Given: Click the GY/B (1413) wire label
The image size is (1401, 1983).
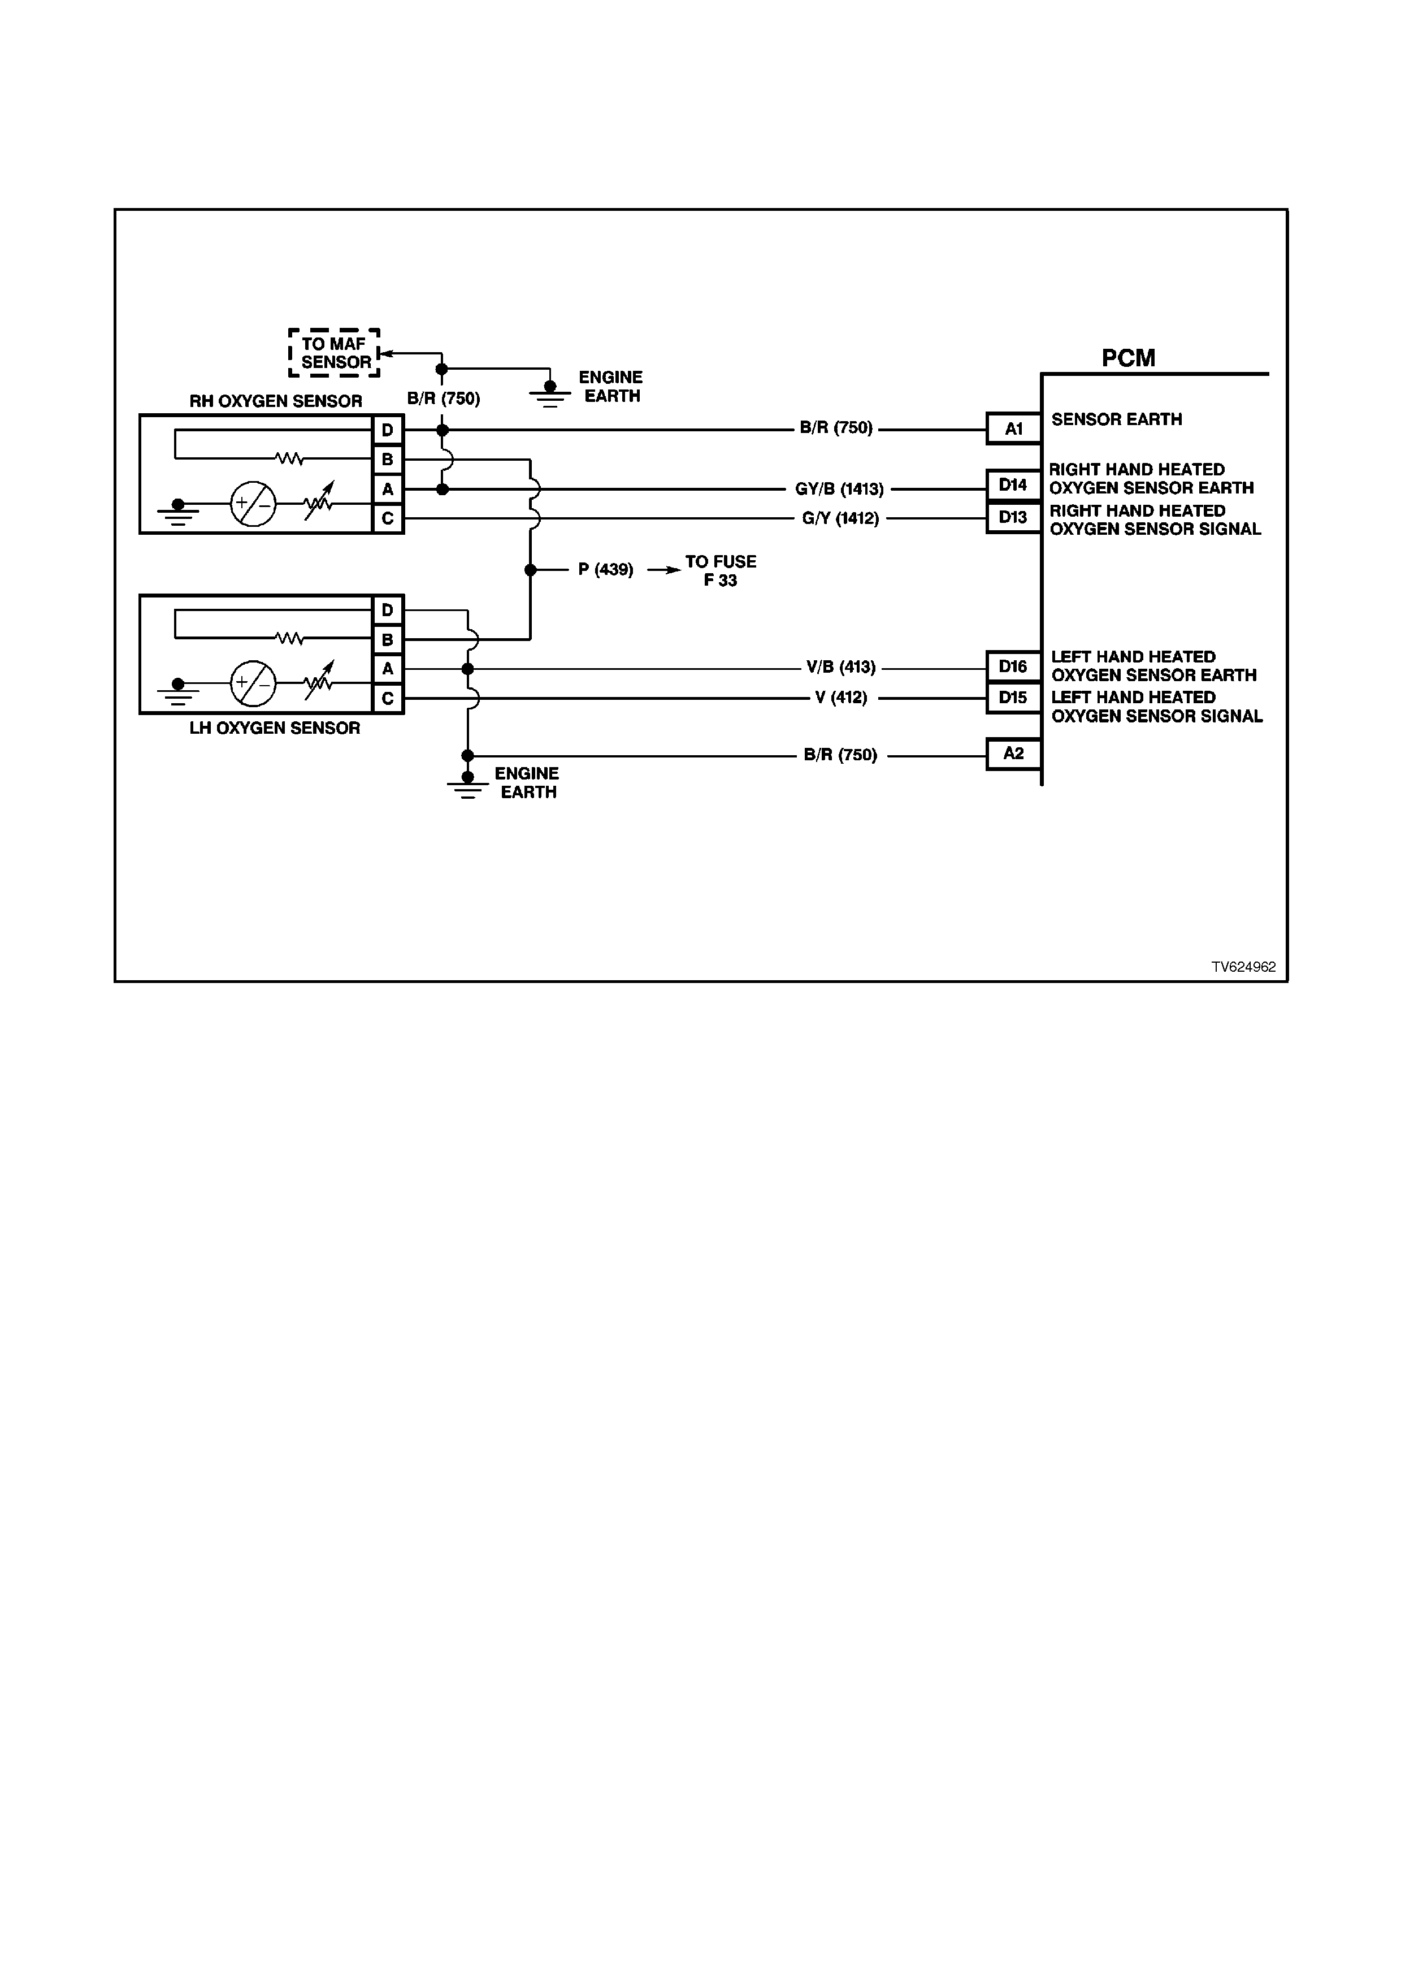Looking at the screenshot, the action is click(x=839, y=490).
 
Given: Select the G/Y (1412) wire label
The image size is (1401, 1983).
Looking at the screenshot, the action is click(x=840, y=519).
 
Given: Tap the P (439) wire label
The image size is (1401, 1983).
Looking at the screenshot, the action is click(x=606, y=570).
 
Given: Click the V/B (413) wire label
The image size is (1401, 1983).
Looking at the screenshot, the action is click(x=841, y=668).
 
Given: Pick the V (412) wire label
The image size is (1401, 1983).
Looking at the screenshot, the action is click(x=841, y=698).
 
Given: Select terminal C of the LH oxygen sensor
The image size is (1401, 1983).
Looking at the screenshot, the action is click(x=388, y=699).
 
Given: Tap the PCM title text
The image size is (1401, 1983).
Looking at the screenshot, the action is click(x=1128, y=358).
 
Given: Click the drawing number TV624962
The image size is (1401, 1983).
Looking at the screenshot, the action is click(x=1243, y=967).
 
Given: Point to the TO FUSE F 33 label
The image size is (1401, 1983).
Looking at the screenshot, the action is click(x=721, y=571).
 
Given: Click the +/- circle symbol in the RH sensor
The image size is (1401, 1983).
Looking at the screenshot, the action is click(x=253, y=504).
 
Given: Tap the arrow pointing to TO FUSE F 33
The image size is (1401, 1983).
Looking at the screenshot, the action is click(x=664, y=570).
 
